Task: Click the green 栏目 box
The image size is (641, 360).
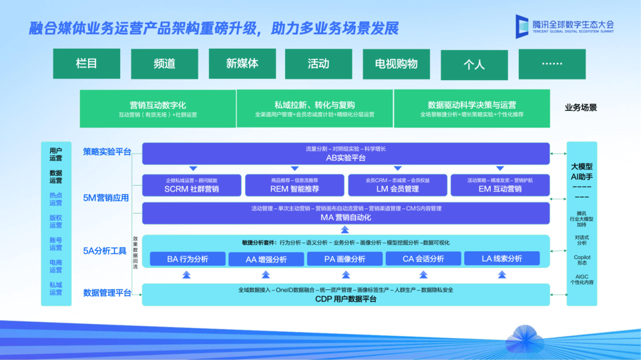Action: click(x=87, y=64)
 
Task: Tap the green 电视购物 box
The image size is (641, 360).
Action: click(x=397, y=64)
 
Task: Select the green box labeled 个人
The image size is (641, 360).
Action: click(x=474, y=65)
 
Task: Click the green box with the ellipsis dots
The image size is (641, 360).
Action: click(x=552, y=64)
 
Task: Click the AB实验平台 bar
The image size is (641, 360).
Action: click(x=345, y=154)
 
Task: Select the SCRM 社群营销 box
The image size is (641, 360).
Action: click(x=192, y=185)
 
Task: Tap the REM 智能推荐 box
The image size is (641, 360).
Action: click(x=294, y=185)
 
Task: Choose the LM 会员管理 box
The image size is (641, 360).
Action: click(x=397, y=185)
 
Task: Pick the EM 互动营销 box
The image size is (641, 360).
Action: click(x=500, y=185)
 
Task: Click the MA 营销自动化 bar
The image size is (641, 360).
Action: click(x=345, y=213)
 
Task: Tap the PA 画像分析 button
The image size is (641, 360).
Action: click(x=345, y=259)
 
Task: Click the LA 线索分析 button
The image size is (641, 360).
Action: click(x=501, y=258)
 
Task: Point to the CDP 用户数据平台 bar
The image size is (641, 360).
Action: click(x=345, y=295)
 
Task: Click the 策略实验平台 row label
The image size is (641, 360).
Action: click(x=107, y=152)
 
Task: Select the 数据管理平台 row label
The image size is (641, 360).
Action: click(x=107, y=293)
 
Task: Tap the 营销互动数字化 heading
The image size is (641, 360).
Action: click(x=158, y=105)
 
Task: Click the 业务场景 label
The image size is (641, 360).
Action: click(x=580, y=108)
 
